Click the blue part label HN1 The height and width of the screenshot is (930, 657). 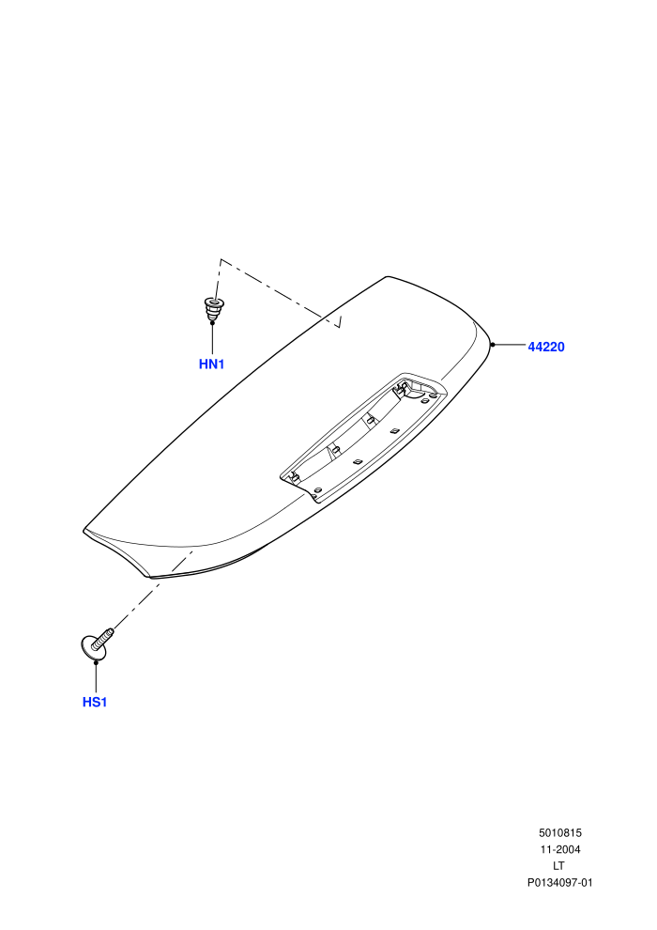(211, 364)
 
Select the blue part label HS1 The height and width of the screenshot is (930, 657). (95, 703)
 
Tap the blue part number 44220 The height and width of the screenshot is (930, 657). (546, 347)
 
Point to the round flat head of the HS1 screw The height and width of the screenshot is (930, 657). (92, 646)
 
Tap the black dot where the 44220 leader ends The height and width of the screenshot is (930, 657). (493, 345)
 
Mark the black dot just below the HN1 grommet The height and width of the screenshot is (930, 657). (212, 322)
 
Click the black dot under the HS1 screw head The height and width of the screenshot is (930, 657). (96, 660)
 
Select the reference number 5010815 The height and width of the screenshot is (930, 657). (559, 832)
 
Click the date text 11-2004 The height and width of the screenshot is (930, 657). (559, 849)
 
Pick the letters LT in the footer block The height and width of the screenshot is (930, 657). (558, 866)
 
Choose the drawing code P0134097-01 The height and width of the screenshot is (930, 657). (559, 882)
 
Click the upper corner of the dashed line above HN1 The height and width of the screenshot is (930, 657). (221, 259)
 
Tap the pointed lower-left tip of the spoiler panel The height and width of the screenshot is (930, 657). (84, 530)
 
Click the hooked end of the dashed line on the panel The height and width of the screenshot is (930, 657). (340, 327)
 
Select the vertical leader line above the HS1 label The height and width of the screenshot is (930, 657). (96, 677)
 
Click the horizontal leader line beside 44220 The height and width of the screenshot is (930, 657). (509, 345)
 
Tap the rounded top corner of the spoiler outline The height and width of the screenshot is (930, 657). (387, 276)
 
